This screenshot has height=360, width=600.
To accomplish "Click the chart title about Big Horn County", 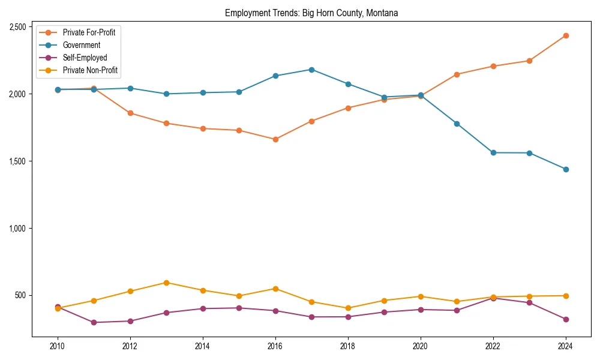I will tap(311, 13).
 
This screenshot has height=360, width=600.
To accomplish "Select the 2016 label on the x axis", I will tap(275, 346).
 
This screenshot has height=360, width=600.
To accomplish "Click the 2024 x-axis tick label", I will tap(565, 346).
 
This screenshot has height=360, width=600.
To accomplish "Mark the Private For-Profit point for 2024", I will tap(565, 35).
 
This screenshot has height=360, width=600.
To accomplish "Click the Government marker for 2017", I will tap(311, 70).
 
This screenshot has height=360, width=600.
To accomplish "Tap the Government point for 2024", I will tap(565, 169).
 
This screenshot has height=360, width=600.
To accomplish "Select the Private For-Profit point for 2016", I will tap(275, 139).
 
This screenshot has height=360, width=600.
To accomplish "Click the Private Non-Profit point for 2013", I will tap(166, 283).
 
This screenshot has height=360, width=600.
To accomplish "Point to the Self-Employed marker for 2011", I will tap(94, 322).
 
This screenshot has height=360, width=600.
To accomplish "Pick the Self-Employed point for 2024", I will tap(565, 319).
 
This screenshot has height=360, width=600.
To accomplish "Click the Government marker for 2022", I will tap(493, 152).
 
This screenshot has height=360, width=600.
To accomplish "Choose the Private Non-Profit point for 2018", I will tap(347, 308).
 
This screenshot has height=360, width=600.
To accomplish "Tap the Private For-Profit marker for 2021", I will tap(457, 74).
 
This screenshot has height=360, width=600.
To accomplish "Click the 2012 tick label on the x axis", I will tap(130, 346).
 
